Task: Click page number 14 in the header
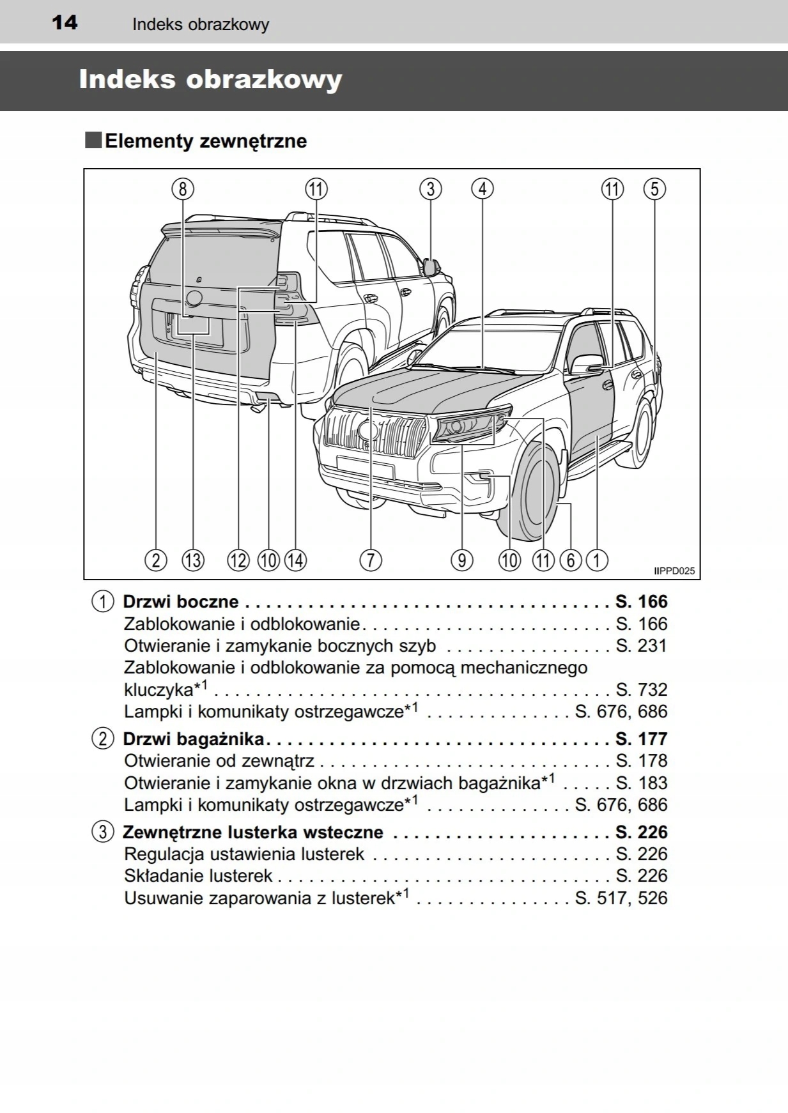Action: coord(65,22)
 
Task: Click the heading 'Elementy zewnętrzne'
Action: coord(205,141)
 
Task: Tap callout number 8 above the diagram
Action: coord(183,189)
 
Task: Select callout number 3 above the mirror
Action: coord(431,189)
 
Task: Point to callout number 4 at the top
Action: coord(483,189)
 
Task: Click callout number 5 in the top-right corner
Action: coord(654,189)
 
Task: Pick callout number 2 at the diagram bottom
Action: coord(156,560)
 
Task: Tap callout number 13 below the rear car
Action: coord(193,560)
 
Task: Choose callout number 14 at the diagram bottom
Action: coord(295,560)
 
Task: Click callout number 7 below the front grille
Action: coord(371,560)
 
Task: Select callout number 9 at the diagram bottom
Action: coord(461,560)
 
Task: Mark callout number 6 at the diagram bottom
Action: coord(571,560)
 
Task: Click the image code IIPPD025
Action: coord(674,571)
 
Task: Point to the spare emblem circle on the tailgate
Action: coord(194,298)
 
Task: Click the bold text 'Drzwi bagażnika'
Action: coord(193,739)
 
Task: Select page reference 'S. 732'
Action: coord(641,689)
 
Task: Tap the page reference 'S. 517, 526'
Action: coord(621,898)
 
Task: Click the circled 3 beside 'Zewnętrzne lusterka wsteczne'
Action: coord(102,833)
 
